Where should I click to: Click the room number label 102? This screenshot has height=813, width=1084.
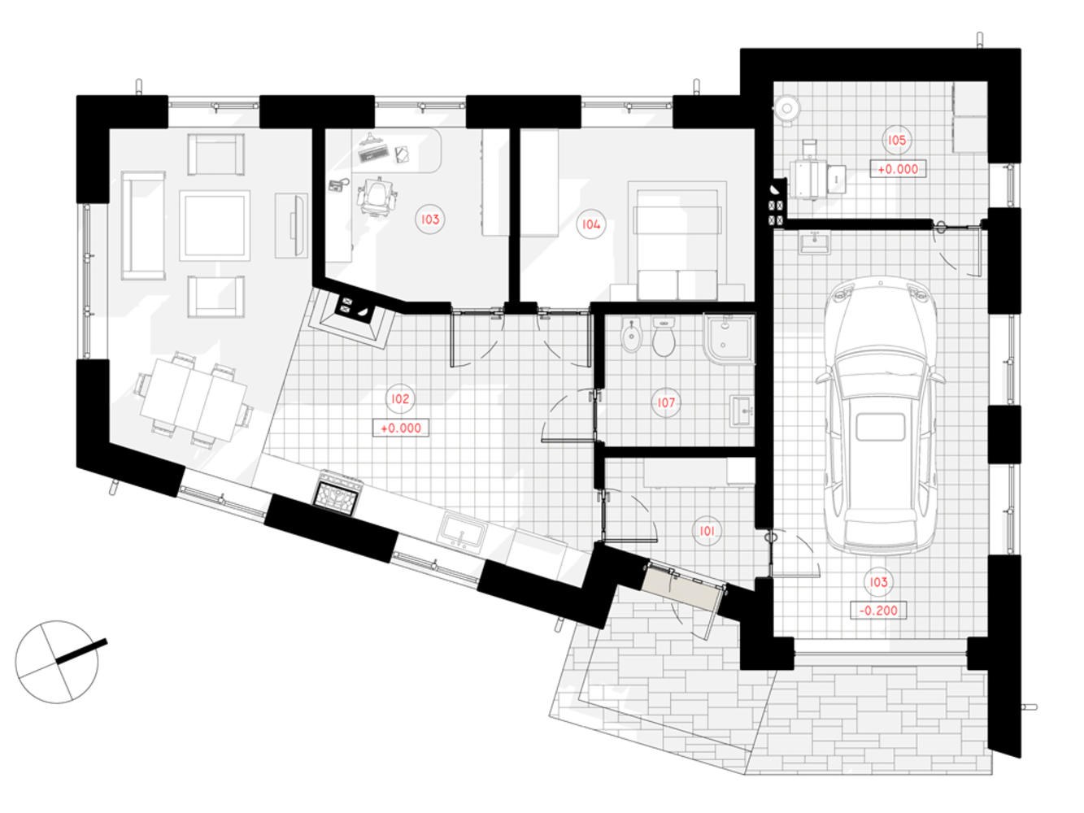[x=400, y=398]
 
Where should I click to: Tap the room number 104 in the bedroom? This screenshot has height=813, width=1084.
[x=590, y=224]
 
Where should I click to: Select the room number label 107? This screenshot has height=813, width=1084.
[x=666, y=402]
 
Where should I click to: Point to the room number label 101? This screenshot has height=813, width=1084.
[x=707, y=531]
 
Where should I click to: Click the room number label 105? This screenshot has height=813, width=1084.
[x=896, y=140]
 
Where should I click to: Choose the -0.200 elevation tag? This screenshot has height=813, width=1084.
[x=878, y=610]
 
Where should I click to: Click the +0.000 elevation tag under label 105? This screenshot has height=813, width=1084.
[x=898, y=169]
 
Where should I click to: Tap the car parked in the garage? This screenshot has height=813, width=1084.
[x=881, y=415]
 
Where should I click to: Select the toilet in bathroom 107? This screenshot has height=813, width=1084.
[x=664, y=337]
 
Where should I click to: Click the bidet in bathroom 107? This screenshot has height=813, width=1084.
[x=631, y=336]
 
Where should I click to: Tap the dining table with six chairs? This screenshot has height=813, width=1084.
[x=194, y=399]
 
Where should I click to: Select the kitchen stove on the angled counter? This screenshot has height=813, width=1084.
[x=337, y=491]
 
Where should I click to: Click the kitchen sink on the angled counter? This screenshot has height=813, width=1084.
[x=462, y=530]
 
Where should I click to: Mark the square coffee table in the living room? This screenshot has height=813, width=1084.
[x=215, y=225]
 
